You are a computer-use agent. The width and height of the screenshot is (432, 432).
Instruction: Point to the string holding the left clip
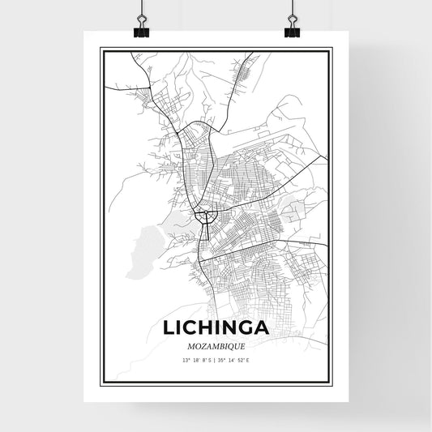[x=139, y=10]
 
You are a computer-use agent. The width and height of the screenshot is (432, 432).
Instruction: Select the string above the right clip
[x=292, y=10]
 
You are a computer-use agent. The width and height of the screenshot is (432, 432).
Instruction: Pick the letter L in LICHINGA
[x=172, y=328]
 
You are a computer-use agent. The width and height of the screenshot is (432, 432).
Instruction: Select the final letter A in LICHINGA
[x=263, y=328]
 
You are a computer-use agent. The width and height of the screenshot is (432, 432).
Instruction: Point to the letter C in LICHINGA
[x=195, y=328]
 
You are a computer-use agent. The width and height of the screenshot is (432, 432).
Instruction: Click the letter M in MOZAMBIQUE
[x=195, y=346]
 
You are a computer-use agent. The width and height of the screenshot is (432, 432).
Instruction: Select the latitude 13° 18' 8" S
[x=196, y=360]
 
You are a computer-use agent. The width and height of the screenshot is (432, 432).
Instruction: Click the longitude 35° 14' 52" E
[x=234, y=360]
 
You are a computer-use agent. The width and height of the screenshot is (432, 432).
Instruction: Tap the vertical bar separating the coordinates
[x=215, y=360]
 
